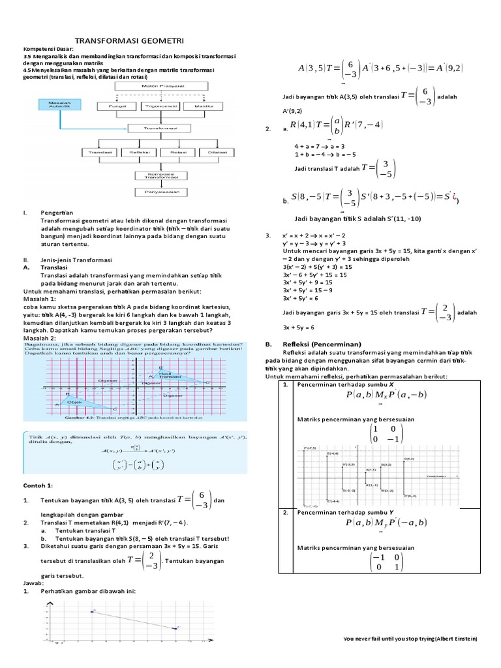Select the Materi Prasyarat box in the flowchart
click(155, 85)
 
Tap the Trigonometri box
click(155, 105)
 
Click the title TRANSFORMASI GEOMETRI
click(130, 40)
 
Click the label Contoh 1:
click(41, 486)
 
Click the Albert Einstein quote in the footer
click(410, 640)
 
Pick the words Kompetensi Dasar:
click(48, 49)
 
